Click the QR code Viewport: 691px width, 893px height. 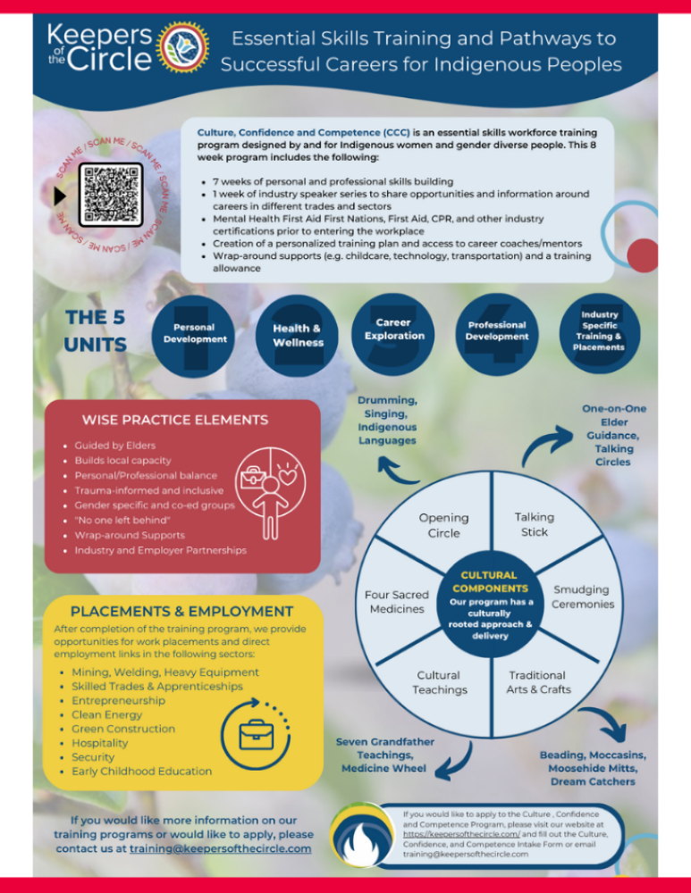pos(111,195)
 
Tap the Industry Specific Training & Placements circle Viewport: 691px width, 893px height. pos(599,330)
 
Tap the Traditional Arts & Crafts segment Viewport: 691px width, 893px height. pos(537,682)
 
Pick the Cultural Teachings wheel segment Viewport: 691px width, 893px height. pos(439,682)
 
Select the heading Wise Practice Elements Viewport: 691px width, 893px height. pos(174,420)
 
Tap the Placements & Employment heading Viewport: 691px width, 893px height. pos(181,612)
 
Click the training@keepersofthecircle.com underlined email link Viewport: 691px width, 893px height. pos(220,848)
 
